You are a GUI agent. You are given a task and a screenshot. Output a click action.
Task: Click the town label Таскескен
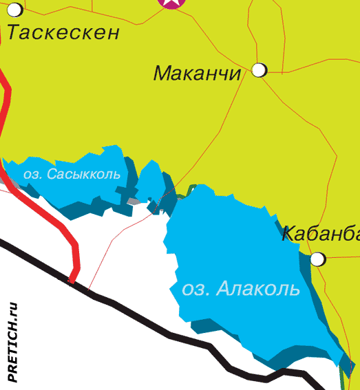point(63,32)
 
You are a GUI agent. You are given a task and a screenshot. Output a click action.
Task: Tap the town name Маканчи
point(197,73)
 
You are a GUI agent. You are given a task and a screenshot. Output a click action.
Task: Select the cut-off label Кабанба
point(321,233)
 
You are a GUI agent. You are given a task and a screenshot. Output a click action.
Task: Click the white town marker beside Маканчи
point(260,69)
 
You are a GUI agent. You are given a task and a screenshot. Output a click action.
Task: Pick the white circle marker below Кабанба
point(317,259)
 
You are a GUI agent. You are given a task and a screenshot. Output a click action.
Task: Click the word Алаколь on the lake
point(258,289)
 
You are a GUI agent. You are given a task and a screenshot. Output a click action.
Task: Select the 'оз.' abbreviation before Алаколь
point(195,290)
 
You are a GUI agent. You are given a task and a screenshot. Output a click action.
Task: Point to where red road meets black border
point(72,281)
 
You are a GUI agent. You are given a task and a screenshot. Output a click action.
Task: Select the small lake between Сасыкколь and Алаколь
point(153,182)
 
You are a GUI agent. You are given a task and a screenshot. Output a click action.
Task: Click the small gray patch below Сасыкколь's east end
point(133,201)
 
